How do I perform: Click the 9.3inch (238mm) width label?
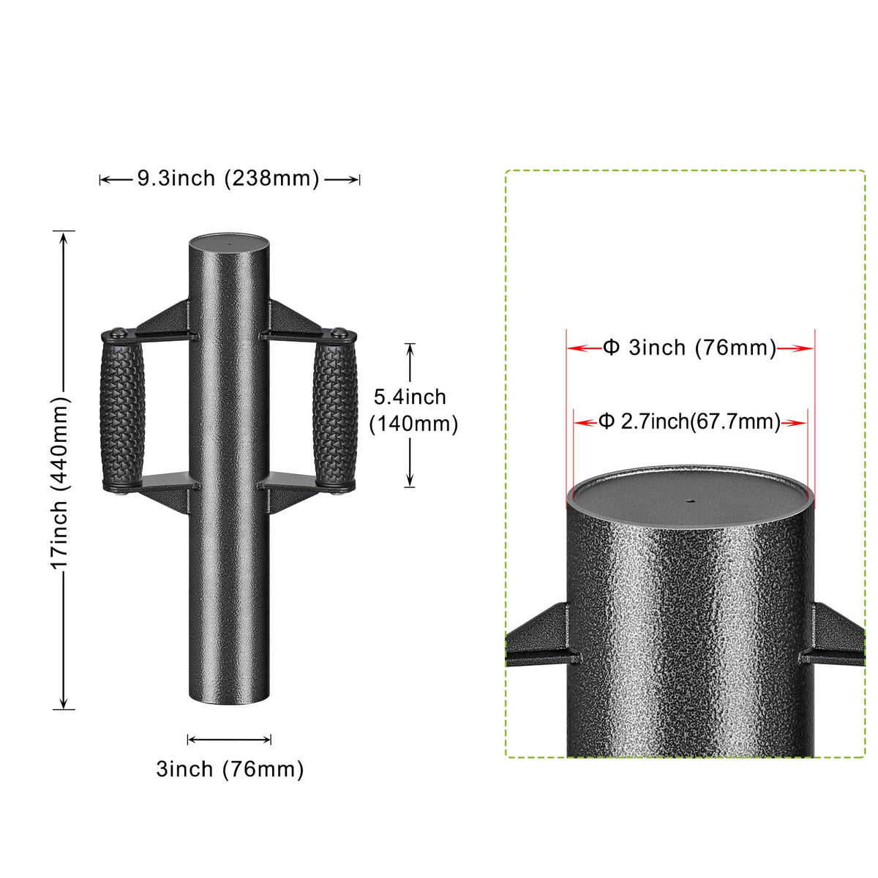228,178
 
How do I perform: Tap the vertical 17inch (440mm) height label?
60,482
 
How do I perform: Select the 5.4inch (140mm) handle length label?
413,410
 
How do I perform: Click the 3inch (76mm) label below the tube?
230,769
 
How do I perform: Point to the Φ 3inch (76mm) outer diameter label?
689,348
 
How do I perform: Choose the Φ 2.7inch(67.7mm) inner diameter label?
690,421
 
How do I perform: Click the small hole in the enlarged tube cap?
689,501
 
